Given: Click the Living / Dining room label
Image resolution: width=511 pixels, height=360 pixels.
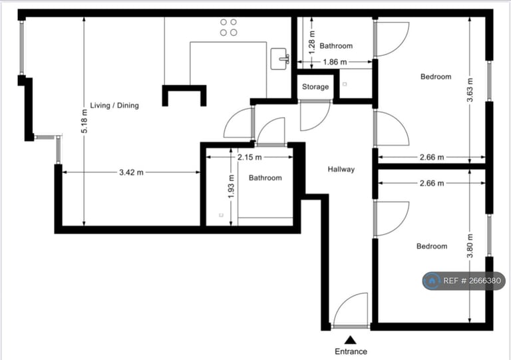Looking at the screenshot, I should click(114, 105).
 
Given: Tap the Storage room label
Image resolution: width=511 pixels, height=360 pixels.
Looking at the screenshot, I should click(315, 87).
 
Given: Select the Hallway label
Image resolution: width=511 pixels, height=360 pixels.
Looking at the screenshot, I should click(341, 170).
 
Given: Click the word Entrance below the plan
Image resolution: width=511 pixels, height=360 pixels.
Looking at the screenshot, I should click(351, 351).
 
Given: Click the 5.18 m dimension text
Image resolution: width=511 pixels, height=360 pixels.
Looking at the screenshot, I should click(85, 122).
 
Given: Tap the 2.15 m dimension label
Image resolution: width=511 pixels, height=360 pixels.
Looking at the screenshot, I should click(250, 157).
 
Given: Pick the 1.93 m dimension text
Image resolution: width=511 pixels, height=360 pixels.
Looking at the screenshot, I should click(231, 186).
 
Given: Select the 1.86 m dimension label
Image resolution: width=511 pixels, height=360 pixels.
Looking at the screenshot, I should click(334, 62).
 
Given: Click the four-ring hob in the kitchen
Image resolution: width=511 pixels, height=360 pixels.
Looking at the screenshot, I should click(228, 27).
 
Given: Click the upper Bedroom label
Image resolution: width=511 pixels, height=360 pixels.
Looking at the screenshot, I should click(436, 77).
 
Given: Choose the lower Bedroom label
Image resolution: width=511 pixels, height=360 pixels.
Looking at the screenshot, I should click(432, 246).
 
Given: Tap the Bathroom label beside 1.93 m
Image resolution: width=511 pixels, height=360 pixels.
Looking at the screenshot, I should click(265, 178).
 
